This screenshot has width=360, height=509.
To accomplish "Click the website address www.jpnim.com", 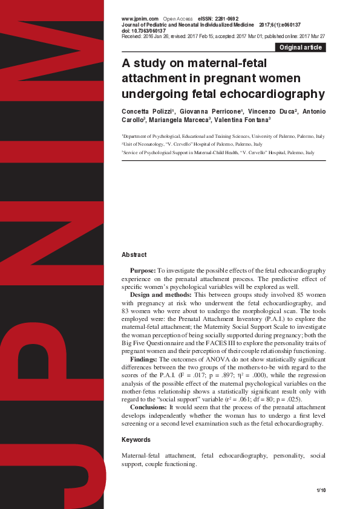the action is tap(140, 19).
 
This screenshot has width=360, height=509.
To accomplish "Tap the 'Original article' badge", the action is tap(300, 47).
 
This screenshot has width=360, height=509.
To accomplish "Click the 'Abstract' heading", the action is tap(134, 255).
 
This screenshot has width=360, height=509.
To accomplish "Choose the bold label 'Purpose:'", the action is tap(143, 271).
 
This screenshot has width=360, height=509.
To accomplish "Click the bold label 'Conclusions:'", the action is tap(149, 407).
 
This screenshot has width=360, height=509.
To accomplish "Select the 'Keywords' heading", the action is tap(136, 439).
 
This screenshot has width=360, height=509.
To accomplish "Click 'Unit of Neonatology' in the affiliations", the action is tap(144, 145).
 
